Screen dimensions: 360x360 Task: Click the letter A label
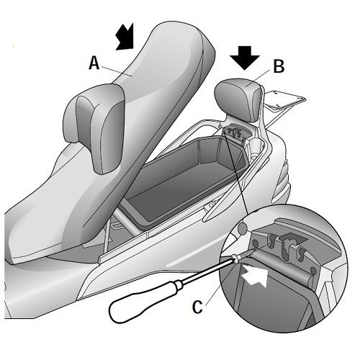click(x=94, y=63)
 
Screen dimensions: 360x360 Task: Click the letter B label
click(x=279, y=66)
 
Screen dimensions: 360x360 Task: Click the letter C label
click(x=198, y=307)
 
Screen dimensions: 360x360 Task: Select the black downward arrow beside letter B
click(x=245, y=58)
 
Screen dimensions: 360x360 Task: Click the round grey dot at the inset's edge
click(x=243, y=228)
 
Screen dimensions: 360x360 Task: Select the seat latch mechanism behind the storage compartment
click(x=234, y=135)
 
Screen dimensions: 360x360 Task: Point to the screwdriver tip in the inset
click(x=255, y=250)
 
